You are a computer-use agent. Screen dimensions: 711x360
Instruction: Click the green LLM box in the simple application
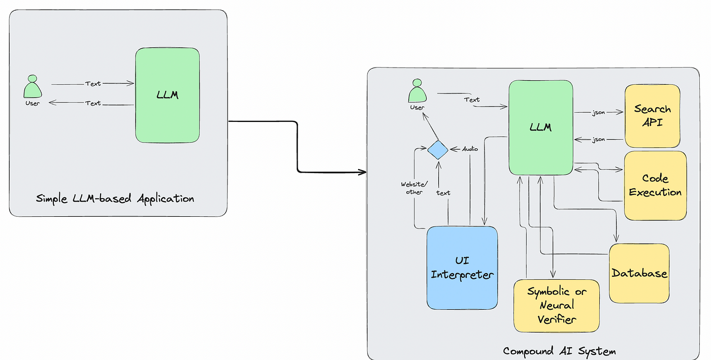tap(167, 95)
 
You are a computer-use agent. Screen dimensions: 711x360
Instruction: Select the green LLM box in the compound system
tap(541, 127)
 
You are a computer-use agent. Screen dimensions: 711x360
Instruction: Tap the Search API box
tap(652, 116)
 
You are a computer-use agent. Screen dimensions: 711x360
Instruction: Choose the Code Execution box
tap(655, 186)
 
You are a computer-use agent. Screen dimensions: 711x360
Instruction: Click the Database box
tap(639, 273)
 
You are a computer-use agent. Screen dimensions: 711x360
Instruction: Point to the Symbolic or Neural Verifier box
tap(557, 306)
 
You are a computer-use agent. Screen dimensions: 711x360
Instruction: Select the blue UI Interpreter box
tap(462, 268)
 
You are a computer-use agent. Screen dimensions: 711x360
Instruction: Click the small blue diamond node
tap(438, 150)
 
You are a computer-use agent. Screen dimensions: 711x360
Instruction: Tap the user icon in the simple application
tap(33, 86)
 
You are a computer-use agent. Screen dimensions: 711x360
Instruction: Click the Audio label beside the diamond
tap(470, 149)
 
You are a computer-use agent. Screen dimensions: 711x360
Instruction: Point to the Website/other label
tap(414, 188)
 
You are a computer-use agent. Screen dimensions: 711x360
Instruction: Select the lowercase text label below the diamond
tap(443, 193)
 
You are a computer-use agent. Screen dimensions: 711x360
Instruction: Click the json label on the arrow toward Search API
tap(598, 112)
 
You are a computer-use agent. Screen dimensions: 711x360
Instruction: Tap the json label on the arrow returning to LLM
tap(598, 139)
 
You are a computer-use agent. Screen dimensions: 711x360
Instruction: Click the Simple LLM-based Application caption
tap(115, 199)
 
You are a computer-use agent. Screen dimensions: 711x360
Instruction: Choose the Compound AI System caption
tap(559, 351)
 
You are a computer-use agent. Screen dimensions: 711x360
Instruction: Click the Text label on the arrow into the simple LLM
tap(92, 83)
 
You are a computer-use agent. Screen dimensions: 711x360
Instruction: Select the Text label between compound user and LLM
tap(472, 100)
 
